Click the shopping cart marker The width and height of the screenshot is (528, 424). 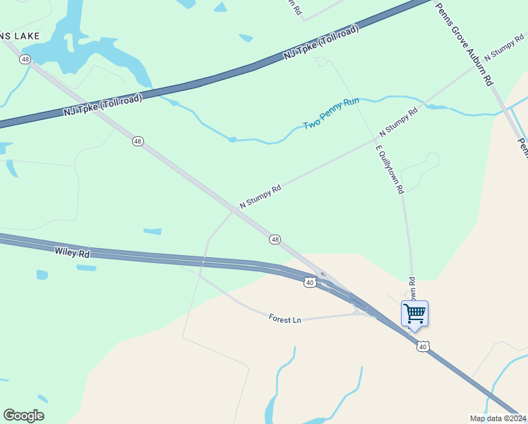pyautogui.click(x=414, y=313)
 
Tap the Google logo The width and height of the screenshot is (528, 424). pyautogui.click(x=23, y=416)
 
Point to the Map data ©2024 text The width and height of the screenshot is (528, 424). pyautogui.click(x=498, y=418)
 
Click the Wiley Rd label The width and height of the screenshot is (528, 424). pyautogui.click(x=72, y=252)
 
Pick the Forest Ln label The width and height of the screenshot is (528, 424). pyautogui.click(x=285, y=319)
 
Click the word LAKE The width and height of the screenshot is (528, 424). pyautogui.click(x=25, y=35)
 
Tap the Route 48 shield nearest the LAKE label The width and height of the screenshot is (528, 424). pyautogui.click(x=26, y=59)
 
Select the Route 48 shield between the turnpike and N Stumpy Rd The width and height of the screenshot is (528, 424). pyautogui.click(x=138, y=141)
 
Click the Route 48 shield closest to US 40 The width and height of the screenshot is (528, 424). pyautogui.click(x=275, y=240)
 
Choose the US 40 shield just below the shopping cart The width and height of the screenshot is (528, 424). pyautogui.click(x=422, y=346)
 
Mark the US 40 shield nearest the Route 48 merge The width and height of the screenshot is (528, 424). pyautogui.click(x=309, y=282)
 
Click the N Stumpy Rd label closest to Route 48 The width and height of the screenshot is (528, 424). pyautogui.click(x=260, y=197)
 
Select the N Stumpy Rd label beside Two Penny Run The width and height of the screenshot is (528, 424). pyautogui.click(x=399, y=122)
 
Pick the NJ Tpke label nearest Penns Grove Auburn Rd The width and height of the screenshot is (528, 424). pyautogui.click(x=321, y=43)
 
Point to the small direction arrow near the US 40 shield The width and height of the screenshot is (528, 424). pyautogui.click(x=323, y=273)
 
